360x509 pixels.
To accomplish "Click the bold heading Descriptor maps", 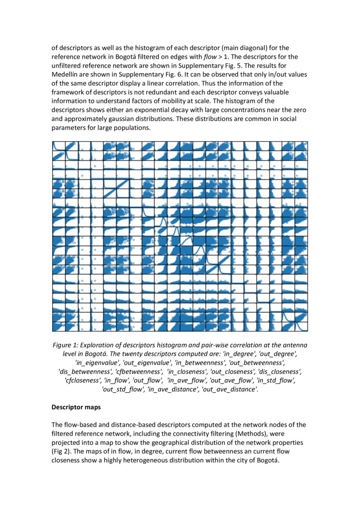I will coord(76,408).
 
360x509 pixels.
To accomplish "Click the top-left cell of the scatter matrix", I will coord(58,146).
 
